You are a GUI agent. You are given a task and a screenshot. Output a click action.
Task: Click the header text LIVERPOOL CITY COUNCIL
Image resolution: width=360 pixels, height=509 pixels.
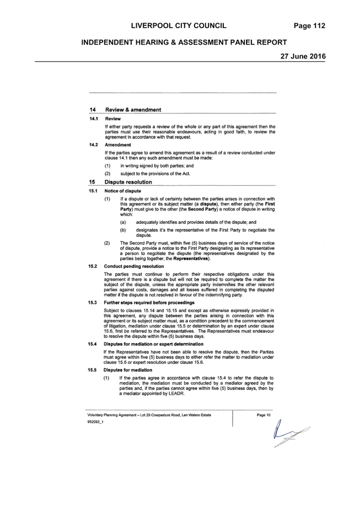coord(179,26)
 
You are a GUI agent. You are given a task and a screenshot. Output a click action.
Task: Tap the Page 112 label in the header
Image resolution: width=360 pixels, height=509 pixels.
coord(309,26)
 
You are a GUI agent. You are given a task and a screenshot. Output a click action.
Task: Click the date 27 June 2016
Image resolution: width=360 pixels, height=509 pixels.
coord(303,56)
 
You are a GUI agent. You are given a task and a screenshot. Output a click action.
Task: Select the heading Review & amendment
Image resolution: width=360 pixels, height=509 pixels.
coord(133,110)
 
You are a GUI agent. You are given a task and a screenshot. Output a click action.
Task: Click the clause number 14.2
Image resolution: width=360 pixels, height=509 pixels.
coord(94,145)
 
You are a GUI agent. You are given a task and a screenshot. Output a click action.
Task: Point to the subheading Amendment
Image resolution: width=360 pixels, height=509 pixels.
coord(118,145)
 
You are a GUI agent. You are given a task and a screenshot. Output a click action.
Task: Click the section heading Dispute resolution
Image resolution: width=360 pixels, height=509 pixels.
coord(128,182)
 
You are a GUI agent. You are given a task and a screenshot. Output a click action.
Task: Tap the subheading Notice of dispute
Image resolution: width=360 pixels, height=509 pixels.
coord(123,191)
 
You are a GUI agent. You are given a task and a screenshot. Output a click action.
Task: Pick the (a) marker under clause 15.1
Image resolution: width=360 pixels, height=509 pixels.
coord(123,222)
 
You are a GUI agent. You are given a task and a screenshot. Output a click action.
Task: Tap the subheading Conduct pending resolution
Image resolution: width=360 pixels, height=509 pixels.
coord(134,266)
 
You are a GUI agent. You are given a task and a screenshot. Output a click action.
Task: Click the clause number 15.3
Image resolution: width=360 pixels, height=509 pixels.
coord(93,303)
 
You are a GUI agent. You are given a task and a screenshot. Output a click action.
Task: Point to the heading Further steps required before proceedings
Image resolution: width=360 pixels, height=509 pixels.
coord(149,303)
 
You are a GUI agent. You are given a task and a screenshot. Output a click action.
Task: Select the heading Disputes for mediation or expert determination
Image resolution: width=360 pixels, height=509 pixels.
coord(153,344)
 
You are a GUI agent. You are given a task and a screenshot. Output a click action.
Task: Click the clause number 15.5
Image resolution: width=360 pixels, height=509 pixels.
coord(92,370)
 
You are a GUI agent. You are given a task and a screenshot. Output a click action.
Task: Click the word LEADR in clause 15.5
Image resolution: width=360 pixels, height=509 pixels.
coord(177,393)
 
